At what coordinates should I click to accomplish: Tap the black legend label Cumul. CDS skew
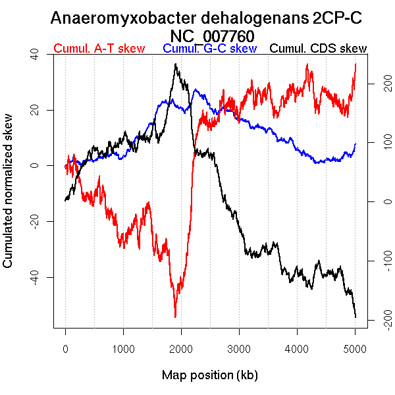[x=319, y=49]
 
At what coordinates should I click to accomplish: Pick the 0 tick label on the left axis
[x=34, y=166]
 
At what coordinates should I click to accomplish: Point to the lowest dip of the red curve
[x=175, y=317]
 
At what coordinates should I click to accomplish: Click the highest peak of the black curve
[x=175, y=64]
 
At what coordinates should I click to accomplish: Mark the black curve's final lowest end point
[x=355, y=317]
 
